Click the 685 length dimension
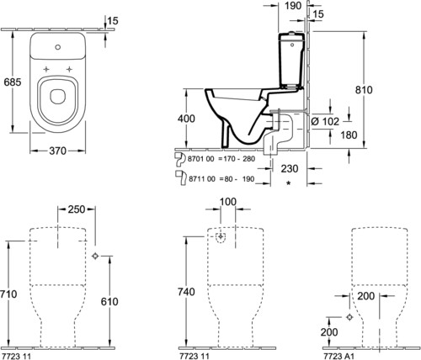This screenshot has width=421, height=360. click(x=13, y=82)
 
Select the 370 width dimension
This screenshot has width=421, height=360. click(x=58, y=151)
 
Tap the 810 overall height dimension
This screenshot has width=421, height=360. click(x=364, y=90)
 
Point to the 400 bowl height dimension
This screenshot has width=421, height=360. click(x=186, y=119)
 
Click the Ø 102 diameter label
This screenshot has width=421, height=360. click(x=325, y=121)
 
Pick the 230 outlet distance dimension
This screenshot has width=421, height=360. click(x=290, y=169)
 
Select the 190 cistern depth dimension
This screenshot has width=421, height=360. click(x=293, y=6)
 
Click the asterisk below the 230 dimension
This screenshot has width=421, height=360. click(x=288, y=183)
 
